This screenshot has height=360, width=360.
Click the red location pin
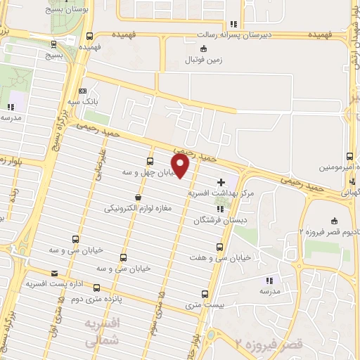coord(181,166)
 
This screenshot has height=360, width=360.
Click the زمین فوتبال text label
coord(204,60)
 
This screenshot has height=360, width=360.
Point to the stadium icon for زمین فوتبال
coord(204,49)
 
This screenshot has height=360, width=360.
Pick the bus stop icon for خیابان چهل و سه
coord(150,160)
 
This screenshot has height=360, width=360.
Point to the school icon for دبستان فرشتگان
coord(221,209)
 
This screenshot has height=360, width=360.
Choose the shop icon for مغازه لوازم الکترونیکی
coord(138,198)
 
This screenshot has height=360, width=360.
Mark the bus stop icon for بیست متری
coord(205,294)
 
